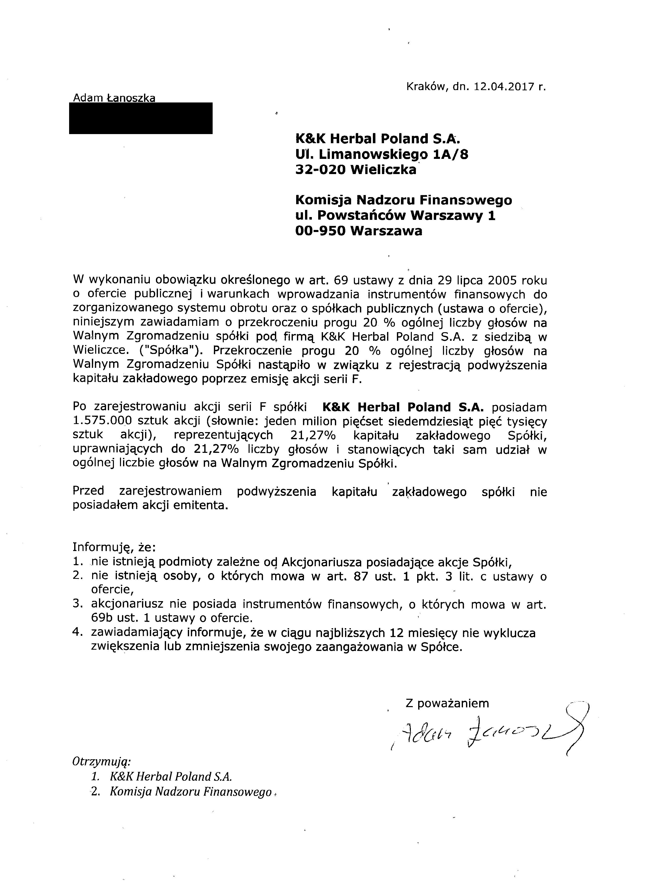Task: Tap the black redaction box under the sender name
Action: pos(141,118)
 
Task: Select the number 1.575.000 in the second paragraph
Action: pos(104,421)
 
